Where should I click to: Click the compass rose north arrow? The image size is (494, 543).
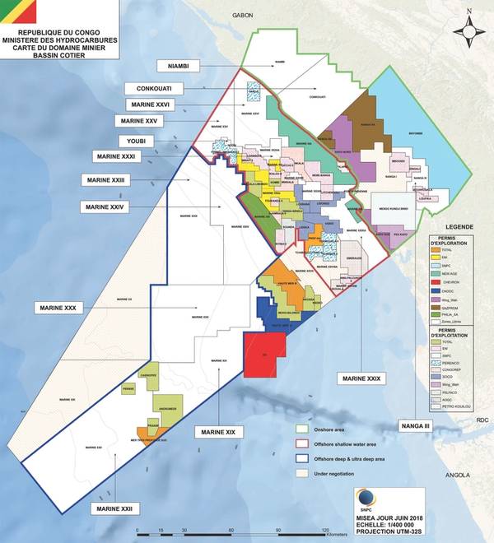(x=468, y=30)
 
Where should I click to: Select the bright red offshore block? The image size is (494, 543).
(x=265, y=355)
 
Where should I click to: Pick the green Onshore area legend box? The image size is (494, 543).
(x=303, y=429)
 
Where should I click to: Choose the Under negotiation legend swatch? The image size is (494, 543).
(x=303, y=474)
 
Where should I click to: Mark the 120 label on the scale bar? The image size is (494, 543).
(x=326, y=530)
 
